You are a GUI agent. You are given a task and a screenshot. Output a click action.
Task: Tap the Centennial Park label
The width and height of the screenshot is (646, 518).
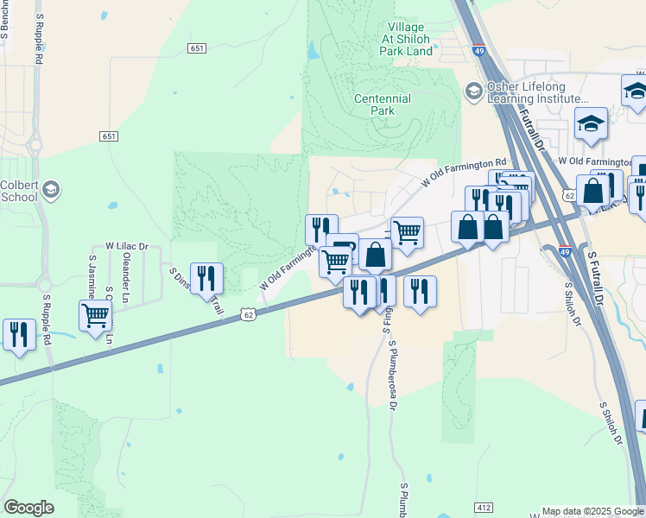383,104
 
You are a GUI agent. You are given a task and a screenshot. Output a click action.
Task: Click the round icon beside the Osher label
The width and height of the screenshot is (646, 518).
473,90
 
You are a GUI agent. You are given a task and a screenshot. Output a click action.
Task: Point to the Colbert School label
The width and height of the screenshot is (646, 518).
19,190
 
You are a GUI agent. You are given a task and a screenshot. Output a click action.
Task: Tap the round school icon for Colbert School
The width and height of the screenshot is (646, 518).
51,190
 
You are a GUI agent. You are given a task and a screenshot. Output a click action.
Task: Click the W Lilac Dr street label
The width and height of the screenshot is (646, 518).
127,247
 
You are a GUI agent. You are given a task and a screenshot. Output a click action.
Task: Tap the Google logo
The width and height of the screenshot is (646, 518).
28,508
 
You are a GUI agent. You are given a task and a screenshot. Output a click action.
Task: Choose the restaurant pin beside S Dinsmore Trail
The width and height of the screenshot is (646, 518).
206,278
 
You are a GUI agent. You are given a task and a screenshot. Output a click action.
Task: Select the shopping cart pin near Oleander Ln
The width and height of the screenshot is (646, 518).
95,315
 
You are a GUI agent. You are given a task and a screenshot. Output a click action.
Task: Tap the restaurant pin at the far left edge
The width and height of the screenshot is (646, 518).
18,335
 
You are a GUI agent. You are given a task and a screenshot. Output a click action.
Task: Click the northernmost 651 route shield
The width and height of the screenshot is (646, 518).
197,48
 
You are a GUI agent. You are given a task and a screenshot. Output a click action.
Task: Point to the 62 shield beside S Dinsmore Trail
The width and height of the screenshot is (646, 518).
249,315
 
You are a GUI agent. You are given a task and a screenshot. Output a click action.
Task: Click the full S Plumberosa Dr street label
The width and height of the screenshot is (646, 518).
393,375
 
